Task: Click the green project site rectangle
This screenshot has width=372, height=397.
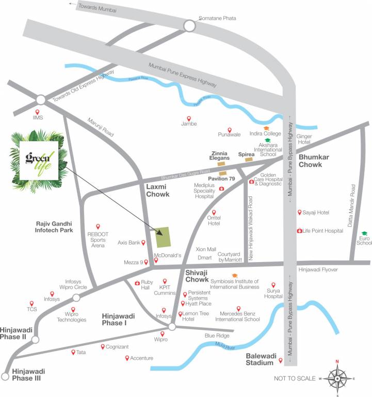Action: (x=164, y=237)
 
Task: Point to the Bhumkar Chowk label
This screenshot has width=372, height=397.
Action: (x=317, y=160)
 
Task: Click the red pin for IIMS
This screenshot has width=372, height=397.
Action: (x=37, y=112)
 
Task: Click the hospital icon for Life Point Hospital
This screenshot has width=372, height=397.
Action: (x=299, y=231)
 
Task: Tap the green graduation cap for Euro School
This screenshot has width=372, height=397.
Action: (x=364, y=234)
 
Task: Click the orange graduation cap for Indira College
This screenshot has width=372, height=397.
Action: (x=266, y=128)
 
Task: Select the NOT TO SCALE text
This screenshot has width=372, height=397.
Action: (x=295, y=379)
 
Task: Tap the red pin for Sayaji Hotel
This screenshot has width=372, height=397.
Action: (x=299, y=212)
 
